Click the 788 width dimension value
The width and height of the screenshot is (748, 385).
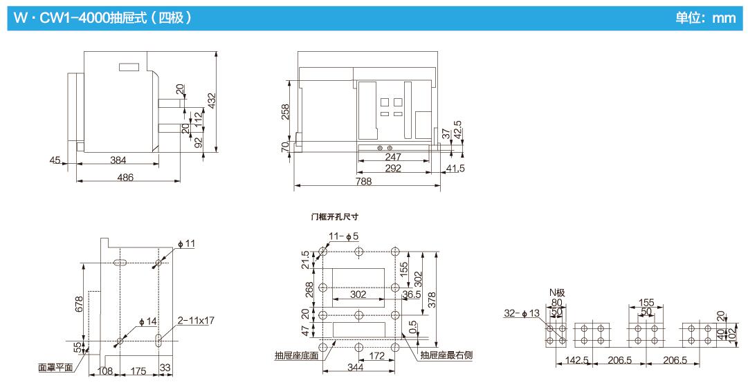click(x=363, y=181)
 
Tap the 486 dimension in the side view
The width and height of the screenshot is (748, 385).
click(x=125, y=177)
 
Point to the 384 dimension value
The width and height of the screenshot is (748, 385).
click(x=118, y=160)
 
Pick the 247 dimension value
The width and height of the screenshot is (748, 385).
click(x=392, y=158)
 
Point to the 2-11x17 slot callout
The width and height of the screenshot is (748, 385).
click(x=196, y=321)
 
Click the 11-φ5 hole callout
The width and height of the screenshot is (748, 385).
click(x=343, y=236)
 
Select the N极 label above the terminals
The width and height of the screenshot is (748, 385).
click(x=557, y=292)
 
